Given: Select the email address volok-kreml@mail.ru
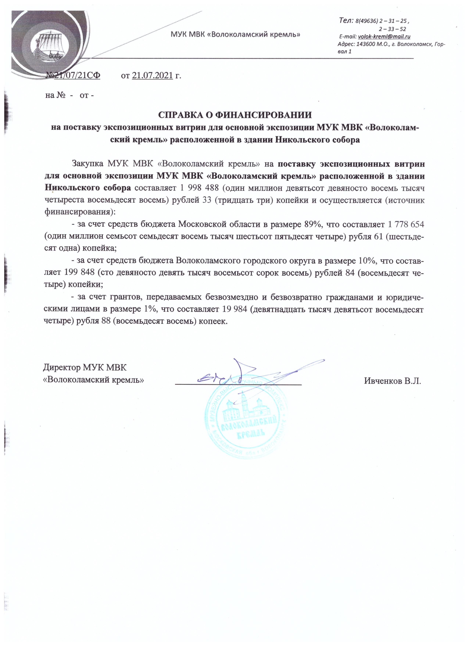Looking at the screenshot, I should (x=384, y=36).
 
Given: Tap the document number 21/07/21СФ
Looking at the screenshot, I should (x=77, y=75).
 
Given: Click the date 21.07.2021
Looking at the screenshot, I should (x=153, y=75).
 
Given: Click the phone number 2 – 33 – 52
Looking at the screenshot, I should (x=393, y=29).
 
